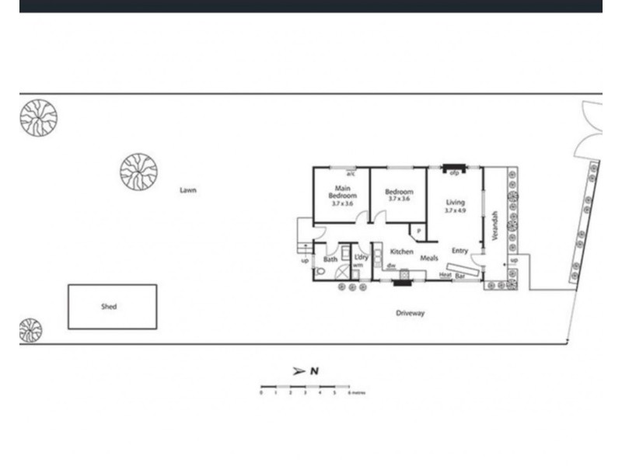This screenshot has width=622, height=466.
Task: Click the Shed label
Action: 109,307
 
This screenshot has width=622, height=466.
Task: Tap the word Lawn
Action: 187,190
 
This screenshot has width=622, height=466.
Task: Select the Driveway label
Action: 411,313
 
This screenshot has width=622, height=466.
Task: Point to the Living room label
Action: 455,202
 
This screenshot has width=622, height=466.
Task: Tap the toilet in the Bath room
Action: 320,272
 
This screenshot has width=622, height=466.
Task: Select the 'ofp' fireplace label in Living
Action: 453,173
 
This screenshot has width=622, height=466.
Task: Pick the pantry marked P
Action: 418,231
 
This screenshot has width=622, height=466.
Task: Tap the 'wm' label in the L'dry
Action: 358,266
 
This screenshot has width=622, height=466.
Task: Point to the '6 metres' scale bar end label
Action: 356,393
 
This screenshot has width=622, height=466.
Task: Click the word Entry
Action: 460,250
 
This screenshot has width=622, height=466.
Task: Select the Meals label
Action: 429,258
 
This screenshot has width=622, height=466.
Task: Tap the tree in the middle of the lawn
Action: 138,171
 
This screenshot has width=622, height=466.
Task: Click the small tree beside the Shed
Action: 30,330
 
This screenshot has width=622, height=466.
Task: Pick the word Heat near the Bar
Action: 446,275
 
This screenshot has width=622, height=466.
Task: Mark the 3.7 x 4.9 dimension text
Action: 455,210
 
